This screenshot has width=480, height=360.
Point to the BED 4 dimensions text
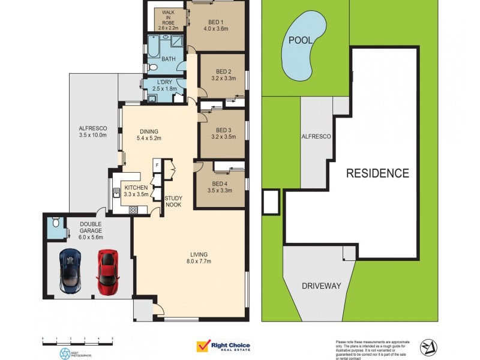(x=220, y=191)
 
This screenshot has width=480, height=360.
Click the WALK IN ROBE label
(x=169, y=20)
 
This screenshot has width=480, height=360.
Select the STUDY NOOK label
(x=174, y=202)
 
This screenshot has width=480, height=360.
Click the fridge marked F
(x=157, y=164)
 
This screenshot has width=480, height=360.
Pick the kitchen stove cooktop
(x=133, y=209)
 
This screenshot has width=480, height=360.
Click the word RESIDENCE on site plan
(x=377, y=173)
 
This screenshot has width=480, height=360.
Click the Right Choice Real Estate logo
(x=223, y=346)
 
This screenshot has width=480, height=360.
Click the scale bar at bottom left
(x=78, y=340)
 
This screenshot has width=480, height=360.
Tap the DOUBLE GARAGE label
(x=91, y=230)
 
